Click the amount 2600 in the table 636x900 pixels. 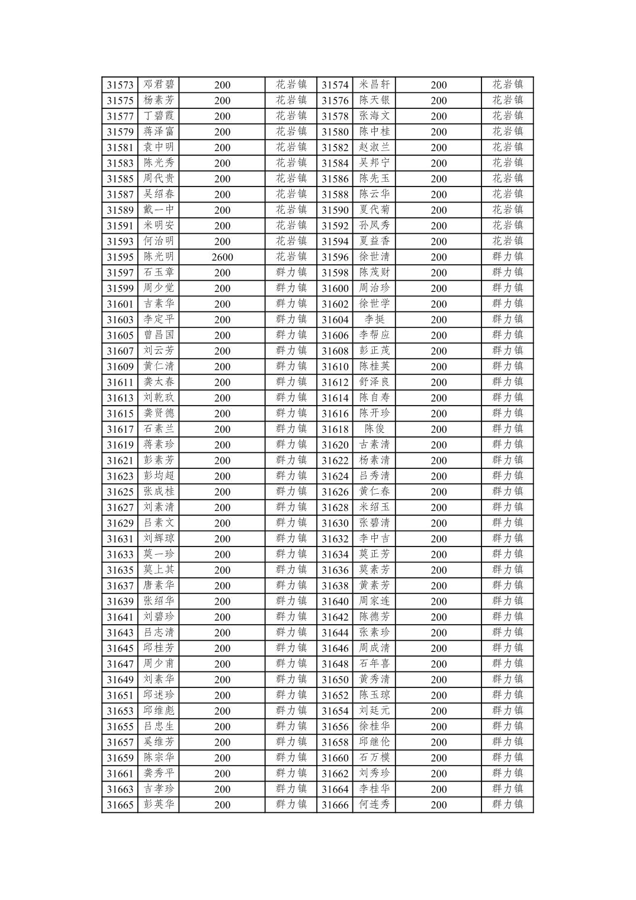(222, 257)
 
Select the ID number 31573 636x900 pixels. (120, 85)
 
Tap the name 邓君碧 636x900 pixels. (159, 85)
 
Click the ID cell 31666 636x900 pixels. (335, 805)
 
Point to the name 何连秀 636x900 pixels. (374, 805)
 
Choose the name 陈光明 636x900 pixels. (159, 257)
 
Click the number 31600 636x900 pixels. (335, 288)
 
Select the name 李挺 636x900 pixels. (374, 320)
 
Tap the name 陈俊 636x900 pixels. (374, 429)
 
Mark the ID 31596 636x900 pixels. (335, 257)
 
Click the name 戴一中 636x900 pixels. (159, 210)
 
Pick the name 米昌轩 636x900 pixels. (374, 85)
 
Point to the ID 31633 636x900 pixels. (120, 555)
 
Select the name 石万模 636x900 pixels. (374, 758)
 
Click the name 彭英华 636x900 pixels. (159, 805)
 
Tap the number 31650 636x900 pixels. (335, 680)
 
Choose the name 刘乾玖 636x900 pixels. (159, 398)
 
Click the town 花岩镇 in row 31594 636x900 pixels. (507, 241)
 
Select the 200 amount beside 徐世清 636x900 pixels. (439, 257)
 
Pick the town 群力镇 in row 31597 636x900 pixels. (291, 272)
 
